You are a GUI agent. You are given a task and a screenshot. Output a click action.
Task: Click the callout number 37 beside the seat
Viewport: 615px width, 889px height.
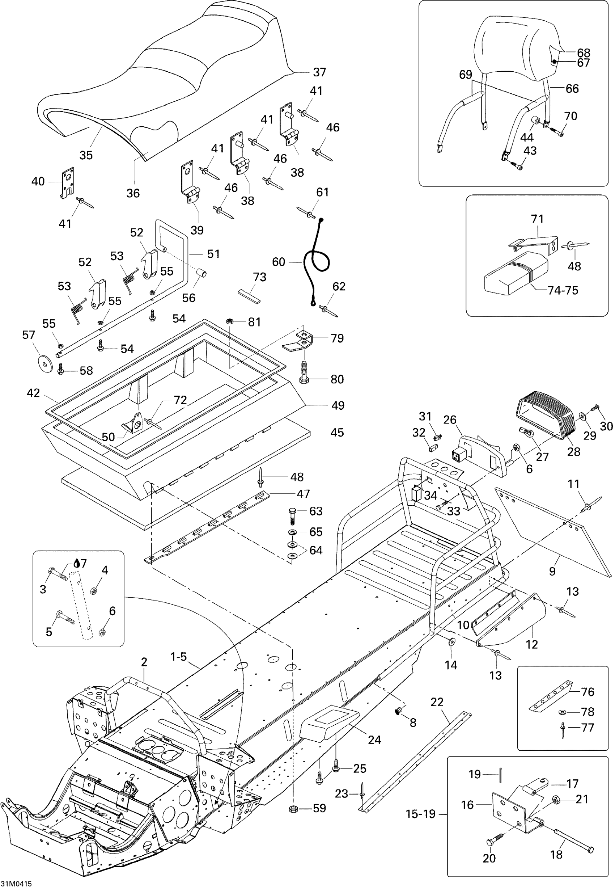[319, 72]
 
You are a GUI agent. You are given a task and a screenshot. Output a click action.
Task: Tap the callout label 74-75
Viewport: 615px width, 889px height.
[563, 290]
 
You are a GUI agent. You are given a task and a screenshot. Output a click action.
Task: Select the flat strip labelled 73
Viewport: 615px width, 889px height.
[249, 295]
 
